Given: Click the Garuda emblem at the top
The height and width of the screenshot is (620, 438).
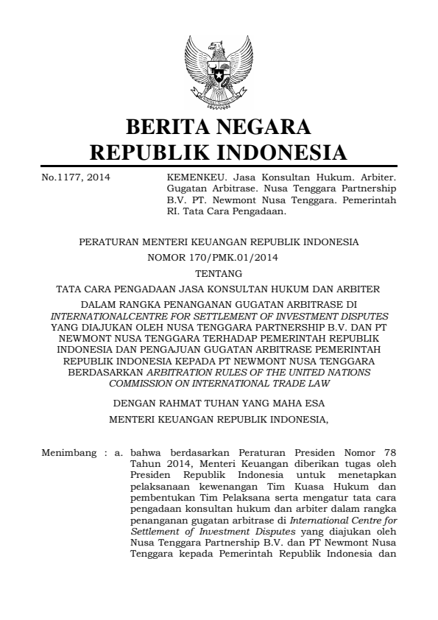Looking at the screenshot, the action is point(219,73).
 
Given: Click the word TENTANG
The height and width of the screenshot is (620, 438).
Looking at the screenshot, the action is point(219,273).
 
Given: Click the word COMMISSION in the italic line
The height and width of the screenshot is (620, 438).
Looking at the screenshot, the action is point(144,383).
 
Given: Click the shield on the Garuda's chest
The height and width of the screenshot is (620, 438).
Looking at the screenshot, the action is point(219,74).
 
